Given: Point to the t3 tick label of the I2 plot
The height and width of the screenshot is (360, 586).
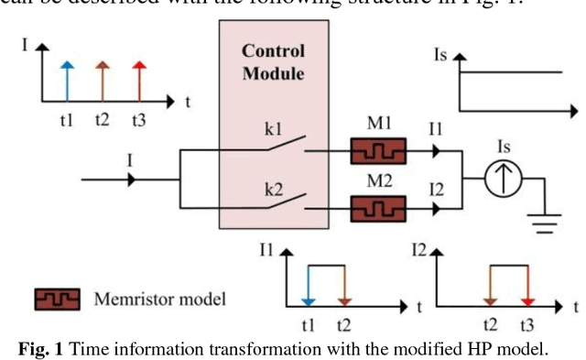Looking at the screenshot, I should [x=526, y=325].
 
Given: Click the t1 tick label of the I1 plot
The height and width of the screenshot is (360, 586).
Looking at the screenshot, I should [x=309, y=325].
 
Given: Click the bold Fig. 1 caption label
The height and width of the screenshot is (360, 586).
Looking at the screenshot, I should [x=45, y=348].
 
